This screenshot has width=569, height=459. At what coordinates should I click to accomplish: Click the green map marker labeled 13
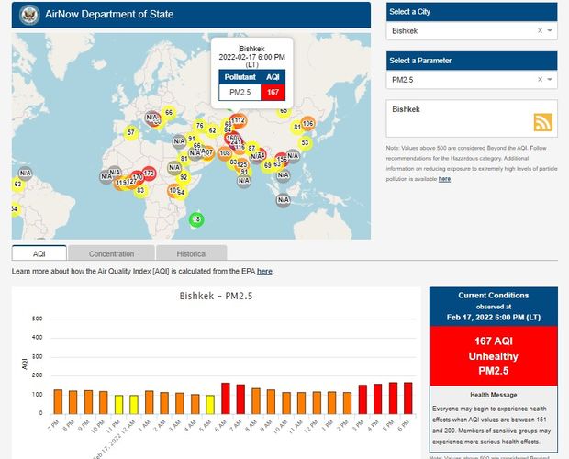tap(195, 219)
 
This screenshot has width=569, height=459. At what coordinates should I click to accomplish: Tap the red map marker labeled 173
tap(149, 173)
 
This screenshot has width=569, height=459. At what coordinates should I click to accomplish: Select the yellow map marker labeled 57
tap(131, 132)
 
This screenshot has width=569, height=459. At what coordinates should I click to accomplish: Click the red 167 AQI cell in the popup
tap(273, 92)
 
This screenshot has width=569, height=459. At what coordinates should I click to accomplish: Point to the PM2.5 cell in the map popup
tap(240, 92)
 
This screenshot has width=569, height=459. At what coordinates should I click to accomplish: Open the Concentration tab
tap(111, 253)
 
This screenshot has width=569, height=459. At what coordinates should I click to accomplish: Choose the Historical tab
tap(191, 253)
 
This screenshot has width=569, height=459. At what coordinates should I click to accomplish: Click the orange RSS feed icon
tap(542, 123)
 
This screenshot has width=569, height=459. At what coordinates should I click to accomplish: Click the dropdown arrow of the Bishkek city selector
tap(550, 31)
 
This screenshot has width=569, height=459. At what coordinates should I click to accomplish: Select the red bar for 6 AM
tap(225, 397)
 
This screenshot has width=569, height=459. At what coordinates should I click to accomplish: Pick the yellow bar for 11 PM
tap(119, 404)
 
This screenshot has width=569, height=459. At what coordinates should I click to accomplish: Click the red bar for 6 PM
tap(407, 397)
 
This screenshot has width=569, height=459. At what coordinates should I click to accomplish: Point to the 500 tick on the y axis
tap(38, 319)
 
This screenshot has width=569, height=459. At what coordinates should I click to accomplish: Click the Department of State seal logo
tap(27, 15)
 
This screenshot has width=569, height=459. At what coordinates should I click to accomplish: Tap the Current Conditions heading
tap(493, 296)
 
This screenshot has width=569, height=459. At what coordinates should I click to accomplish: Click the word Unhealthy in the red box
tap(493, 355)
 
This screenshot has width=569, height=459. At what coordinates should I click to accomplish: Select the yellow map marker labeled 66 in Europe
tap(168, 113)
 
